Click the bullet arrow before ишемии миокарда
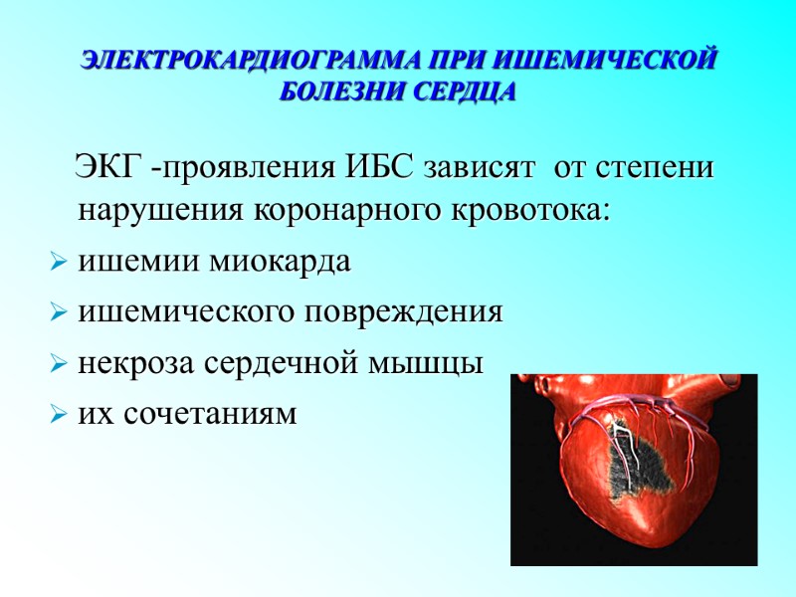pos(57,265)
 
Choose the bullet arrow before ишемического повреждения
pos(57,314)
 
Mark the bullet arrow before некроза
pos(57,364)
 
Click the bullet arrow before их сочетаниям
pos(57,414)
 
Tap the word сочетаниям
pos(210,413)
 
